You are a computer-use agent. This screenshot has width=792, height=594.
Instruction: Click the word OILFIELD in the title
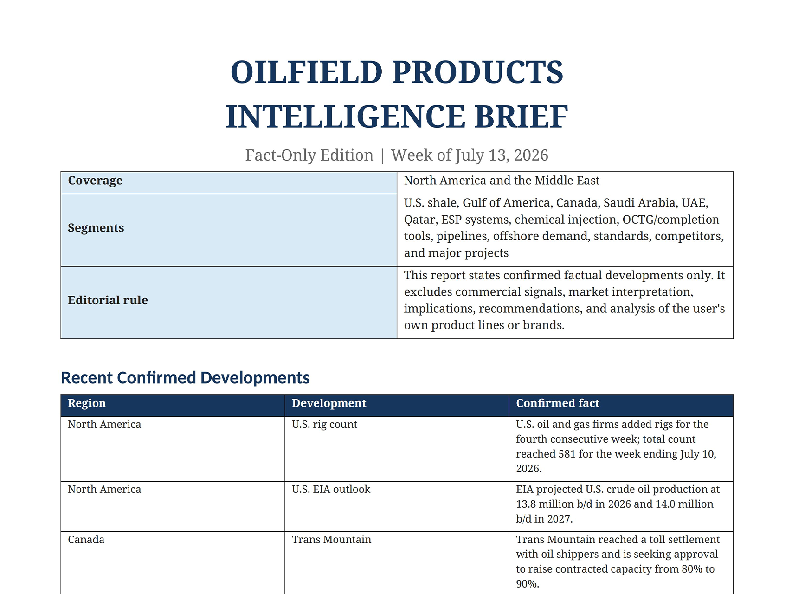click(x=307, y=72)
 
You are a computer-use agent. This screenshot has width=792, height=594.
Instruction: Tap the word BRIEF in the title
click(x=521, y=116)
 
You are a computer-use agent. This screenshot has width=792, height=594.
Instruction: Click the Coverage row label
click(x=95, y=181)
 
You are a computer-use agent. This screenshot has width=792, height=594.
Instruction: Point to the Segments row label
click(x=96, y=228)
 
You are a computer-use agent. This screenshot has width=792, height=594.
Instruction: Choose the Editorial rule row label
click(x=108, y=300)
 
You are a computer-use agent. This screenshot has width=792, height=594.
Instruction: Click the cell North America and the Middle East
click(x=502, y=181)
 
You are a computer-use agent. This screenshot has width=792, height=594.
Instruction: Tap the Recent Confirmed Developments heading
click(x=185, y=378)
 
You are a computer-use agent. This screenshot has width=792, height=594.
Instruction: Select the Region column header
click(x=87, y=403)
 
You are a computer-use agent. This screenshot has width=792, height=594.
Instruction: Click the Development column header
click(x=329, y=403)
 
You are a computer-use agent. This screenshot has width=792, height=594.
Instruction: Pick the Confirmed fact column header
click(x=558, y=403)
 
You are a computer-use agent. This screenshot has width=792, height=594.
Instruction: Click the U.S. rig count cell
click(x=324, y=425)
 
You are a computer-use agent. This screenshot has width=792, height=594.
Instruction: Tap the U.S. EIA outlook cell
click(x=331, y=489)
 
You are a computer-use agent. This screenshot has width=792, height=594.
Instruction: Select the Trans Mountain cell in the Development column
click(x=331, y=540)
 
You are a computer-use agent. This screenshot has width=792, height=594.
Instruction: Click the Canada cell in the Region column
click(x=86, y=540)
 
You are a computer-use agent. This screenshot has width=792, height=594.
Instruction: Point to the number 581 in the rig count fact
click(x=567, y=454)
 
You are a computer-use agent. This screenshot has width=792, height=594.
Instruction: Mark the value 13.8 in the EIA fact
click(x=525, y=504)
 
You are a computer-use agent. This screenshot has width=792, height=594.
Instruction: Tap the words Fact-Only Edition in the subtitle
click(x=309, y=155)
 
